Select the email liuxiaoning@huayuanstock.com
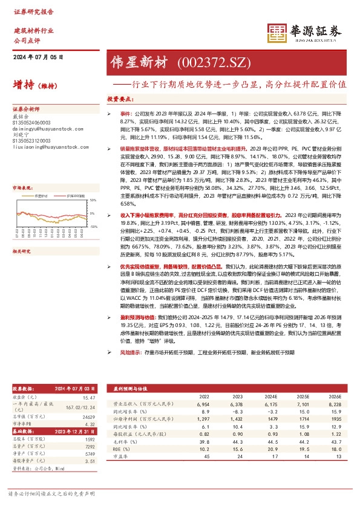pyautogui.click(x=43, y=146)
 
